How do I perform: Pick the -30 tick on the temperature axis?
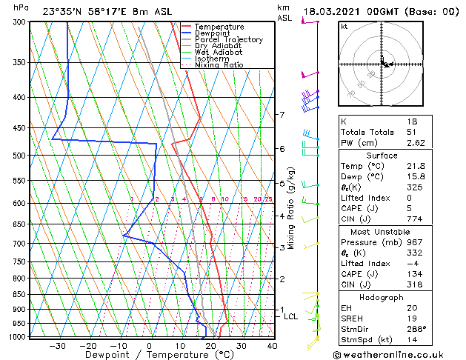point(56,346)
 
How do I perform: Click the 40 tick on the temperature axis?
point(272,346)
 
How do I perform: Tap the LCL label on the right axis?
point(291,316)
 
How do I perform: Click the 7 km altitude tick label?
point(282,115)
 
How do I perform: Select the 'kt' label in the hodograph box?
point(344,26)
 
